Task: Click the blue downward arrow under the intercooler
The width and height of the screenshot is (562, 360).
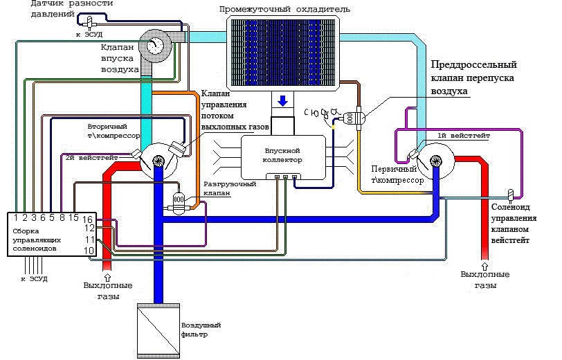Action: pyautogui.click(x=282, y=102)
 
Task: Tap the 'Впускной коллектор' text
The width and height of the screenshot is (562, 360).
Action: pyautogui.click(x=282, y=154)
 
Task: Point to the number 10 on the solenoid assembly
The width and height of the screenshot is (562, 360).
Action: pyautogui.click(x=89, y=249)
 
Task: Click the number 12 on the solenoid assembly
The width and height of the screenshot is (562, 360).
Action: pyautogui.click(x=89, y=228)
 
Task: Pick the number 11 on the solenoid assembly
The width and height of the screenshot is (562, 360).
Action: pyautogui.click(x=89, y=239)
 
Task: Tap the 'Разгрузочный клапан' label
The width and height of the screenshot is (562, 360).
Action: pyautogui.click(x=230, y=190)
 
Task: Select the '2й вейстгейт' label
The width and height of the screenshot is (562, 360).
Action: pyautogui.click(x=93, y=159)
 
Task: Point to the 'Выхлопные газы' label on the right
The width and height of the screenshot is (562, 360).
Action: pyautogui.click(x=485, y=279)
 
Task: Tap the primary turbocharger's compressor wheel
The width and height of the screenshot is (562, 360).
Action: pyautogui.click(x=436, y=161)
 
